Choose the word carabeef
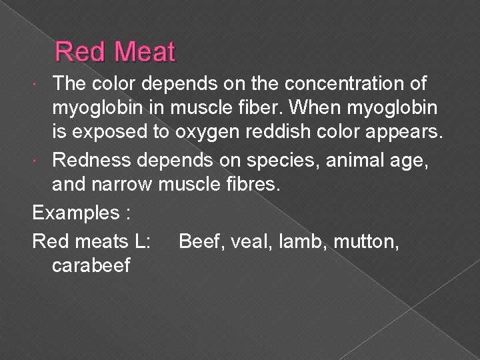pyautogui.click(x=90, y=265)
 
